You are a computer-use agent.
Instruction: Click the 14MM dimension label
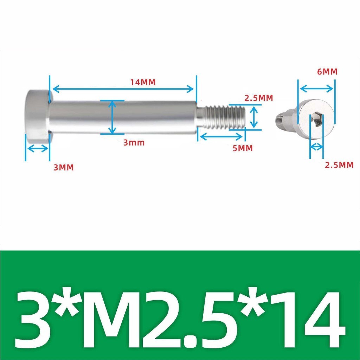143,82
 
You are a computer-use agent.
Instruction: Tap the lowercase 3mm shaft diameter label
134,143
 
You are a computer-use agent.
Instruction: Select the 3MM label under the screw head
64,167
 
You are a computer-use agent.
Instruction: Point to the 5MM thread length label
243,148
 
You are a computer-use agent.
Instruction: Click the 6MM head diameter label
327,72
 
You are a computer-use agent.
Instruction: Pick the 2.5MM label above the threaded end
258,98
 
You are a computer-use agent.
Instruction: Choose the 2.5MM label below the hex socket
339,165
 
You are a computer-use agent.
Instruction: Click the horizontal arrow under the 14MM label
123,89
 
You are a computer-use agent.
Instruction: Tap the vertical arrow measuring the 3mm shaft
112,117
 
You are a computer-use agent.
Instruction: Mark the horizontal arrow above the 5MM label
221,137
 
